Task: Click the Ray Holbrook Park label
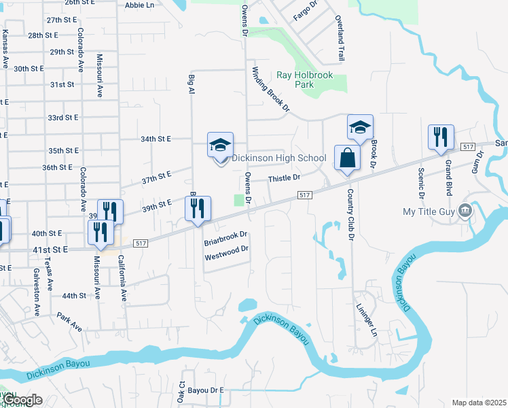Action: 304,80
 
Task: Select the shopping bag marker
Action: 347,158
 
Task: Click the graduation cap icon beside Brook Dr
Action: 360,126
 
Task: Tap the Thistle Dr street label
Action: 284,178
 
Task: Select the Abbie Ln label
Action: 140,5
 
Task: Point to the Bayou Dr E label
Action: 206,390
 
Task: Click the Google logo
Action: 22,400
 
